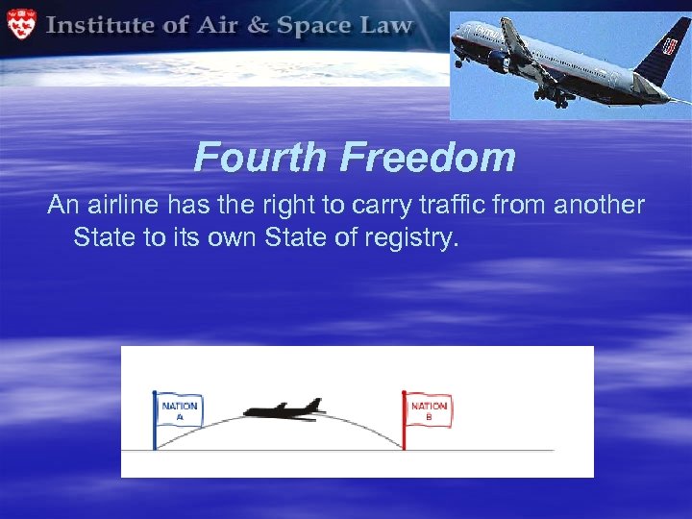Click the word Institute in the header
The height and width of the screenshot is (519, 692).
pos(103,24)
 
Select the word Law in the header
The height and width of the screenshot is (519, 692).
pos(385,25)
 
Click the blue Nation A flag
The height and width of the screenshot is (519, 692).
pos(179,410)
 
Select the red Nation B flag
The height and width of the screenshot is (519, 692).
pos(428,410)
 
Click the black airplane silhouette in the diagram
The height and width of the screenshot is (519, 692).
pos(284,409)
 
